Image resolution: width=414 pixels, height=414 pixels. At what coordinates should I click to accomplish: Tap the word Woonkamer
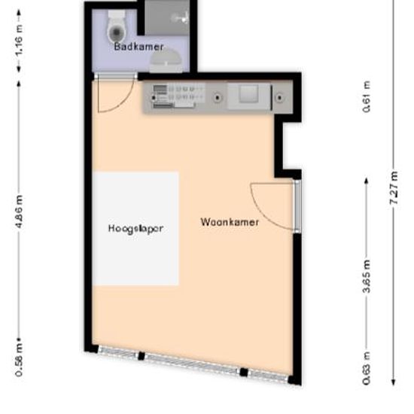click(230, 222)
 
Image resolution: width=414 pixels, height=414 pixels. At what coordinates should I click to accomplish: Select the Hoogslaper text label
click(135, 227)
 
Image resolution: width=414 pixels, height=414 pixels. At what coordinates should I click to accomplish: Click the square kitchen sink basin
click(248, 96)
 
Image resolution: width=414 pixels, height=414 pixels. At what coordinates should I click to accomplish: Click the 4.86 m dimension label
click(19, 212)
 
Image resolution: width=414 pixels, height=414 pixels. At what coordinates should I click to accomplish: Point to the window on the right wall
click(297, 205)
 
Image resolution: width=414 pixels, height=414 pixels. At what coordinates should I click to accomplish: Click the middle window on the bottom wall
click(191, 363)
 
